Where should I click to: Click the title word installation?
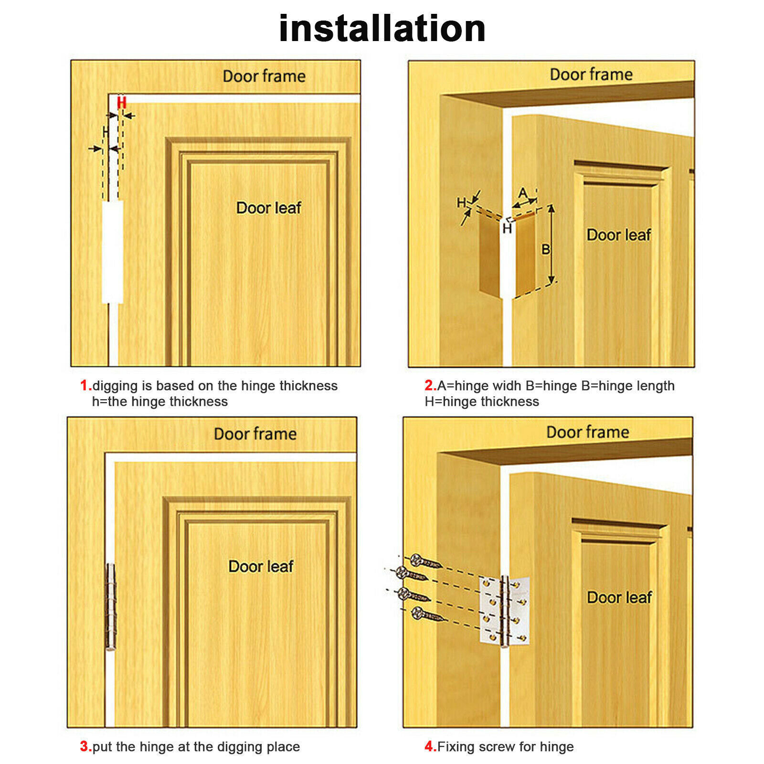pyautogui.click(x=382, y=29)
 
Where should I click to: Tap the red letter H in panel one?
pyautogui.click(x=122, y=103)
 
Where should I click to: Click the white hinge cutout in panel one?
pyautogui.click(x=113, y=252)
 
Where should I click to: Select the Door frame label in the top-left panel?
pyautogui.click(x=264, y=76)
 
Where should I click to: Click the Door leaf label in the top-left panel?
pyautogui.click(x=269, y=208)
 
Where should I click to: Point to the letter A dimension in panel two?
pyautogui.click(x=523, y=193)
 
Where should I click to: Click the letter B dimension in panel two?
pyautogui.click(x=545, y=249)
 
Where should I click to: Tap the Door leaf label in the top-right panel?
pyautogui.click(x=619, y=235)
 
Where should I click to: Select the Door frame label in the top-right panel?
pyautogui.click(x=591, y=74)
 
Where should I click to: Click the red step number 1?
pyautogui.click(x=85, y=385)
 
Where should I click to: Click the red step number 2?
pyautogui.click(x=430, y=385)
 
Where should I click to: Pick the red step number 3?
pyautogui.click(x=85, y=746)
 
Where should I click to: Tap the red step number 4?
pyautogui.click(x=430, y=746)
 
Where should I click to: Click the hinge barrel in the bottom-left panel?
pyautogui.click(x=111, y=606)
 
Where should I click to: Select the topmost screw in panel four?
pyautogui.click(x=425, y=562)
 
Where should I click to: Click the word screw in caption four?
pyautogui.click(x=497, y=747)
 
